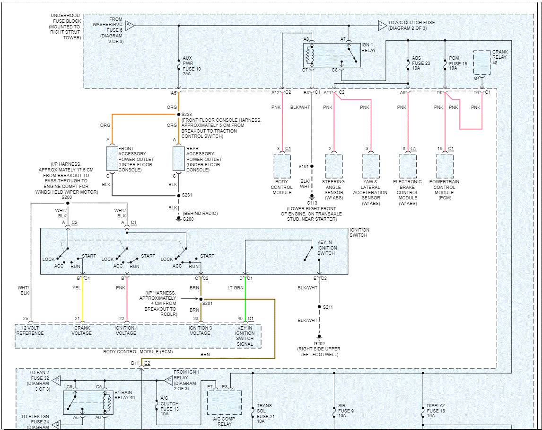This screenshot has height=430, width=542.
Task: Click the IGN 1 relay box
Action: coord(332,55)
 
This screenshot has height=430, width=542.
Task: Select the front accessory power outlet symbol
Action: coord(112,159)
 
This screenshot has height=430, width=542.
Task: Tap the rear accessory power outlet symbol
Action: coord(178,159)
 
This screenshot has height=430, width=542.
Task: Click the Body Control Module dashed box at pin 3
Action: coord(282,166)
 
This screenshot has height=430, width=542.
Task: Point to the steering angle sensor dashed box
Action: coord(334,166)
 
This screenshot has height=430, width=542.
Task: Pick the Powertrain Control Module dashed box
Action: coord(445,166)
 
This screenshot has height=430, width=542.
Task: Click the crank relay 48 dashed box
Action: coord(482,63)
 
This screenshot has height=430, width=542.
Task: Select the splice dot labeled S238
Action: coord(179,114)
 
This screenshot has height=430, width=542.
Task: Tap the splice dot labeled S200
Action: coord(68,203)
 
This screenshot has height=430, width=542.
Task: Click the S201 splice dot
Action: coord(201,299)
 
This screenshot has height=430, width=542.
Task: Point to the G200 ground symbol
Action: coord(179,220)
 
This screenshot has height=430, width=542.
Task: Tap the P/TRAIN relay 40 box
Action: coord(88,403)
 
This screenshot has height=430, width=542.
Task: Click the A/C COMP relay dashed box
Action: coord(224,403)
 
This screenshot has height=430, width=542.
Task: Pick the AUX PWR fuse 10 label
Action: coord(192,66)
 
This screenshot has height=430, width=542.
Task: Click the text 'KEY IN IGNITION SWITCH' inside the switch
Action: coord(327,248)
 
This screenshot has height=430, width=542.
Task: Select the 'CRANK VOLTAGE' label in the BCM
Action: coord(81,331)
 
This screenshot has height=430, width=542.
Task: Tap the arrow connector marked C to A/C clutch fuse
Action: coord(382,25)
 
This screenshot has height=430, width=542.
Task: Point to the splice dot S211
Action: coord(319,307)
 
